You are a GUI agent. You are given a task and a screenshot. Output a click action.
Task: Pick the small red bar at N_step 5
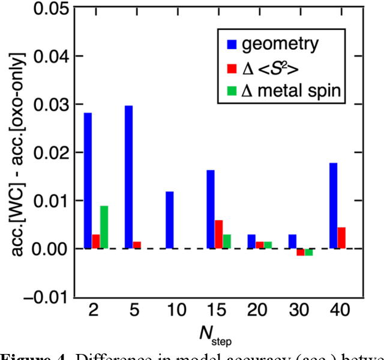click(x=137, y=245)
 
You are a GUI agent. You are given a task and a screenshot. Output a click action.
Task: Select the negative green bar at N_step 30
click(x=308, y=252)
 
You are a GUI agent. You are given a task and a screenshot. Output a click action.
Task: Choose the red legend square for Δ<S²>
click(x=230, y=68)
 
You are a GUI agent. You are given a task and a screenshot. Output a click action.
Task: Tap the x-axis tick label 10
click(x=170, y=312)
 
